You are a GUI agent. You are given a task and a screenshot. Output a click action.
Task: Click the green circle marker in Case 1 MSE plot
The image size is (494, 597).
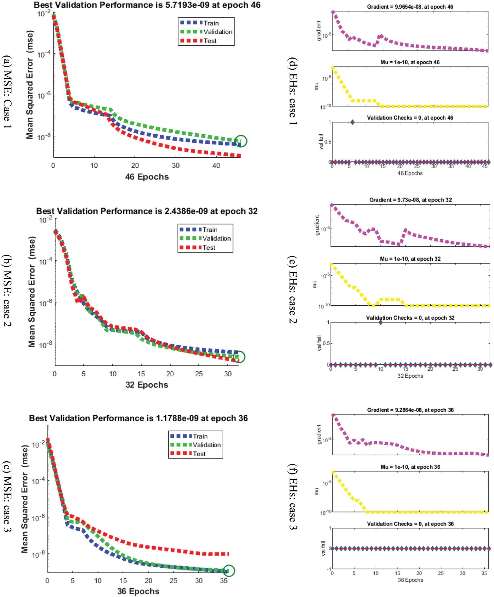point(240,141)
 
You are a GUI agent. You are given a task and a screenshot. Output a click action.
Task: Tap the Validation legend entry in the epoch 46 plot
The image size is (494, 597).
point(218,32)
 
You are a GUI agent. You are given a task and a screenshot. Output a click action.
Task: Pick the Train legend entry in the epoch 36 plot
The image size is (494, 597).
point(200,436)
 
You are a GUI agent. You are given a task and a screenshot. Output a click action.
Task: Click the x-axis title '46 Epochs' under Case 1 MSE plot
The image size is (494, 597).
point(147,177)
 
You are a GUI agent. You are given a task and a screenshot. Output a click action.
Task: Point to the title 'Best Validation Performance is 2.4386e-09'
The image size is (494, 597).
point(147,211)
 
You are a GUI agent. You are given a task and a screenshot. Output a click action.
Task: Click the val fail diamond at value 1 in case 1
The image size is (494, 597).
point(352,122)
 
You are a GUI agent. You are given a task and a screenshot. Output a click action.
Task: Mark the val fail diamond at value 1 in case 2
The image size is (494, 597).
point(381,322)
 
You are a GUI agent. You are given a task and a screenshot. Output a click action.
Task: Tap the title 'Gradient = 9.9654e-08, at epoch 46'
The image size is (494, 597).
point(410,7)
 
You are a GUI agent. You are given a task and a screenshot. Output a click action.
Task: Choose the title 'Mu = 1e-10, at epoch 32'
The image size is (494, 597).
point(410,259)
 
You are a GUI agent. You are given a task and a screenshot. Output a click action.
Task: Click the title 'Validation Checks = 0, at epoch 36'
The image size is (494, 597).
point(410,524)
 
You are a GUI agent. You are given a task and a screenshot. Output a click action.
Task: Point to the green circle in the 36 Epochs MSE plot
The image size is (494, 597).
point(229,570)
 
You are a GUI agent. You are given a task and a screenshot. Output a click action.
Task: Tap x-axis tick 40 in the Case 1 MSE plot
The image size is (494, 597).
point(216,166)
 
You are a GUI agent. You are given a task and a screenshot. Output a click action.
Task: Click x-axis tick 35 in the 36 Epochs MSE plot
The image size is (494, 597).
point(224,581)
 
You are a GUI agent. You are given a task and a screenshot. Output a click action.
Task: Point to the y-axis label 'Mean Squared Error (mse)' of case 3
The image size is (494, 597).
point(25,499)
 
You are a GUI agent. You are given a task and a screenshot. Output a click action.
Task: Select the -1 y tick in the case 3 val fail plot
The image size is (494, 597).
point(329,569)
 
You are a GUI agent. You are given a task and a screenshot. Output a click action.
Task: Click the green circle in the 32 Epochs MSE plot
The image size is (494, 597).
point(239,357)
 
